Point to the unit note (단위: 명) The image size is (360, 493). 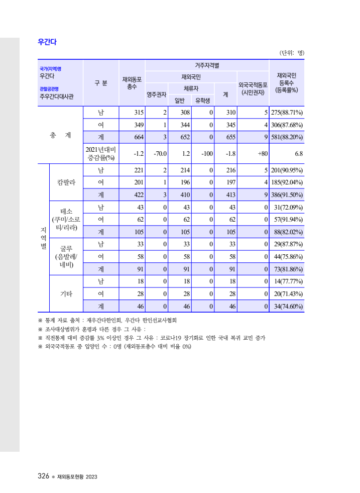(291, 53)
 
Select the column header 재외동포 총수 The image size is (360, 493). (132, 83)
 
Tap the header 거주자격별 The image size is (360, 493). (207, 65)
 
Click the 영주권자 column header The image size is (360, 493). (156, 94)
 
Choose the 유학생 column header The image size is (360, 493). (205, 100)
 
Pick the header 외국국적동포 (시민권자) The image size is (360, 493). (253, 88)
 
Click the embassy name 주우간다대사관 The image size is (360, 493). (57, 96)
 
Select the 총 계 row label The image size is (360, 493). (60, 136)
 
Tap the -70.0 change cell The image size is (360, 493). (160, 153)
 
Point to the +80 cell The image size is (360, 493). (262, 153)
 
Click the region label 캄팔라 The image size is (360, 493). (66, 182)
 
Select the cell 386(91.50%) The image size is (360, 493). (287, 194)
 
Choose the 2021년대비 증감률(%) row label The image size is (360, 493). (101, 153)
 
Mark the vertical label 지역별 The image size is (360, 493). (43, 238)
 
